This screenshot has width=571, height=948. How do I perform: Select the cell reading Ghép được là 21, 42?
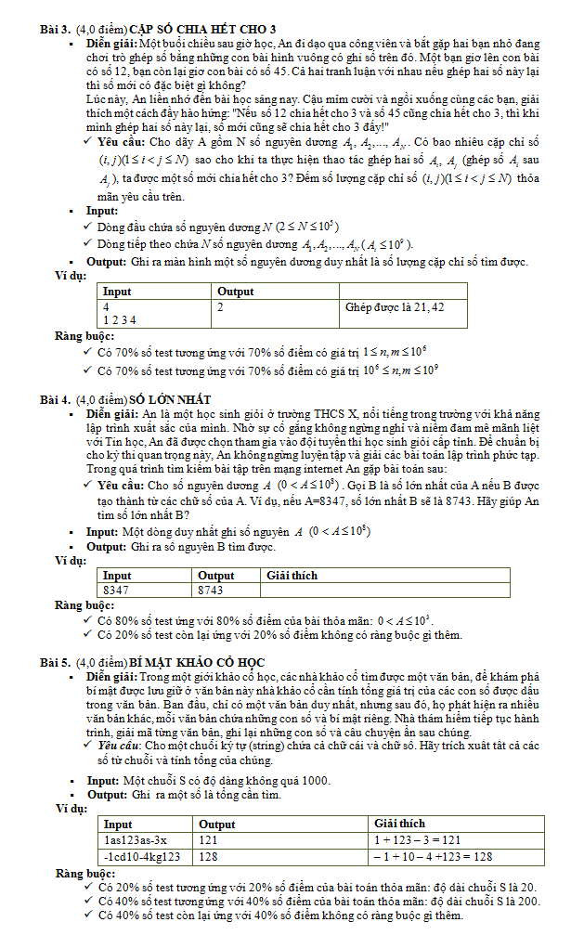point(394,306)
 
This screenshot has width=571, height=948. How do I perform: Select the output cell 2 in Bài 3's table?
point(220,306)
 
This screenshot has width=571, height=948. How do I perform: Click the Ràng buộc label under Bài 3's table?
point(84,336)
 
